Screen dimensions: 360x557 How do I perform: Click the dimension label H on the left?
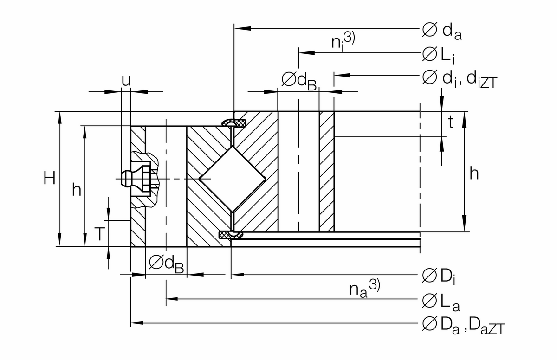(x=50, y=179)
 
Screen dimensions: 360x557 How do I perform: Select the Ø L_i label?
(x=439, y=55)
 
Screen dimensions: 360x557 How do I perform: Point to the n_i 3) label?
(x=343, y=41)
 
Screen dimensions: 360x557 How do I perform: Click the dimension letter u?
(x=126, y=80)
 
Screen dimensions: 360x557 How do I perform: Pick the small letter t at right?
(x=450, y=122)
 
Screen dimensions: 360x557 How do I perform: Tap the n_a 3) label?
(x=364, y=289)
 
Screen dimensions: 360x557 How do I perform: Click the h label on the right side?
(x=474, y=174)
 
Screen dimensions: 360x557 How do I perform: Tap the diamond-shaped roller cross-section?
(x=232, y=179)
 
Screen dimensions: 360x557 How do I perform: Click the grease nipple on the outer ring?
(x=132, y=179)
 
